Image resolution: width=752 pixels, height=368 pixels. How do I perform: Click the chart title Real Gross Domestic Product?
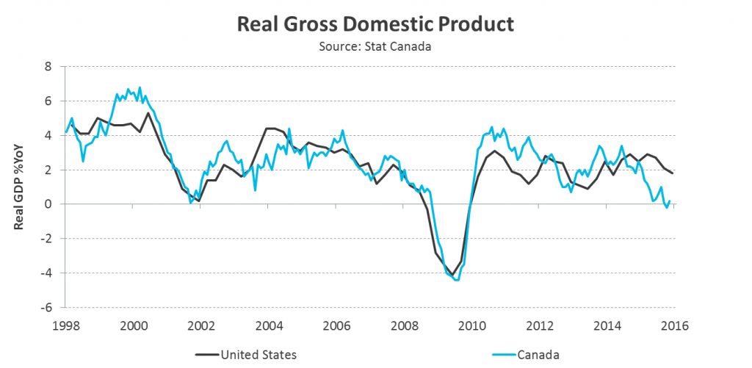tap(375, 24)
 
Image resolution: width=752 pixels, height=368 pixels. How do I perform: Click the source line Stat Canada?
tap(375, 46)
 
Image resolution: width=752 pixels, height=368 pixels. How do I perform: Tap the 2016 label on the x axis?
tap(673, 325)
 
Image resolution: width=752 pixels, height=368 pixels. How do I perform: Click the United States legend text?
tap(258, 354)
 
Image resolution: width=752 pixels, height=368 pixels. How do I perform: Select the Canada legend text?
tap(539, 354)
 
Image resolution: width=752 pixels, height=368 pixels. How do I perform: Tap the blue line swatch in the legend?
tap(502, 354)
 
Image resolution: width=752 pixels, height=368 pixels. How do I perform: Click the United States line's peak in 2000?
tap(148, 112)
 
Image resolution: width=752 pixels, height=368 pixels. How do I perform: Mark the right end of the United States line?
tap(673, 173)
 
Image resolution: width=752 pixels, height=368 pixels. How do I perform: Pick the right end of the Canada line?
tap(670, 201)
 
